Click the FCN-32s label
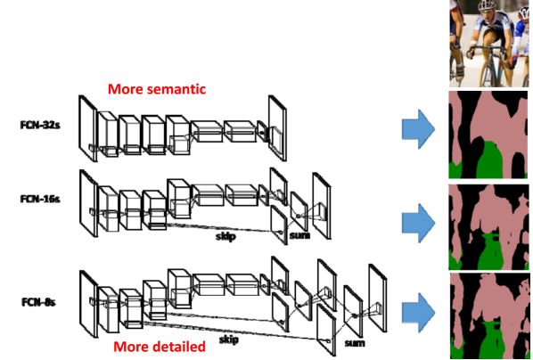(40, 125)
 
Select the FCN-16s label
(40, 199)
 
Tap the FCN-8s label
(38, 302)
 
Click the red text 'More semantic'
(157, 89)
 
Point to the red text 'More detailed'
(160, 347)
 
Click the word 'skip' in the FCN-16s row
(225, 237)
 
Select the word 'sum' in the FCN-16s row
(299, 235)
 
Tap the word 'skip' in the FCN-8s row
(228, 340)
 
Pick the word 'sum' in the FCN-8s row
(355, 343)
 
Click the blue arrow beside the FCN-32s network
(418, 129)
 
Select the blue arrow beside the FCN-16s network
(418, 223)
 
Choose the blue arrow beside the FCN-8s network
(418, 313)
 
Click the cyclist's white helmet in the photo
(488, 4)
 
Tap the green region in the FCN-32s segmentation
(489, 160)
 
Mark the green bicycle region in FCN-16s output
(490, 251)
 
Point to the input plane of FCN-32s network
(88, 128)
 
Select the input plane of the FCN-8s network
(89, 304)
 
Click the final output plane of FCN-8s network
(378, 299)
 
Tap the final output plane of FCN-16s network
(322, 206)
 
